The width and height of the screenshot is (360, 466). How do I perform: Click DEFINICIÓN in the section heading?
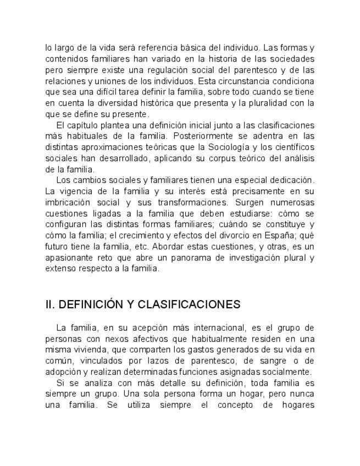point(91,304)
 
